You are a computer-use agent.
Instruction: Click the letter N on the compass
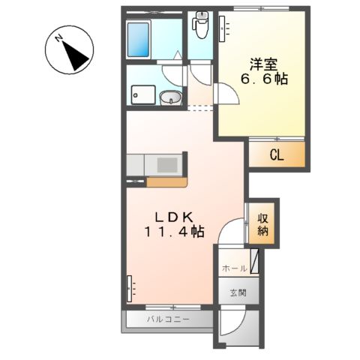click(59, 38)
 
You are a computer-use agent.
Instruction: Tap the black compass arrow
click(75, 55)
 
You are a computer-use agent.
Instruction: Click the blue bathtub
click(138, 40)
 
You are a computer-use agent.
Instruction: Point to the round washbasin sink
click(171, 97)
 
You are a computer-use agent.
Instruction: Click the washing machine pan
click(143, 95)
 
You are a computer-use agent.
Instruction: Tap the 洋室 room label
click(263, 65)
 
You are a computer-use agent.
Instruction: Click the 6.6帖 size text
click(264, 79)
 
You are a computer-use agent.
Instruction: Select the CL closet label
click(277, 155)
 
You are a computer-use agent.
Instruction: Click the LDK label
click(174, 217)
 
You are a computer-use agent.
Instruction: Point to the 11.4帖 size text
click(174, 232)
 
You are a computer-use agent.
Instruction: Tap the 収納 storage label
click(262, 225)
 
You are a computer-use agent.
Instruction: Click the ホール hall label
click(235, 268)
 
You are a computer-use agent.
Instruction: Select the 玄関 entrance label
click(238, 292)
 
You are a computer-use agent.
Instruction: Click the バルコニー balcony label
click(168, 319)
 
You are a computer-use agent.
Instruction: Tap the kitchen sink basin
click(167, 165)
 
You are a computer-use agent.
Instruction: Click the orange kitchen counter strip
click(166, 182)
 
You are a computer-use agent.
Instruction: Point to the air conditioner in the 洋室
click(222, 28)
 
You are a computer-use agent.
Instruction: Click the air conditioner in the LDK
click(129, 288)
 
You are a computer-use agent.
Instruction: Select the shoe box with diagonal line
click(254, 261)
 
